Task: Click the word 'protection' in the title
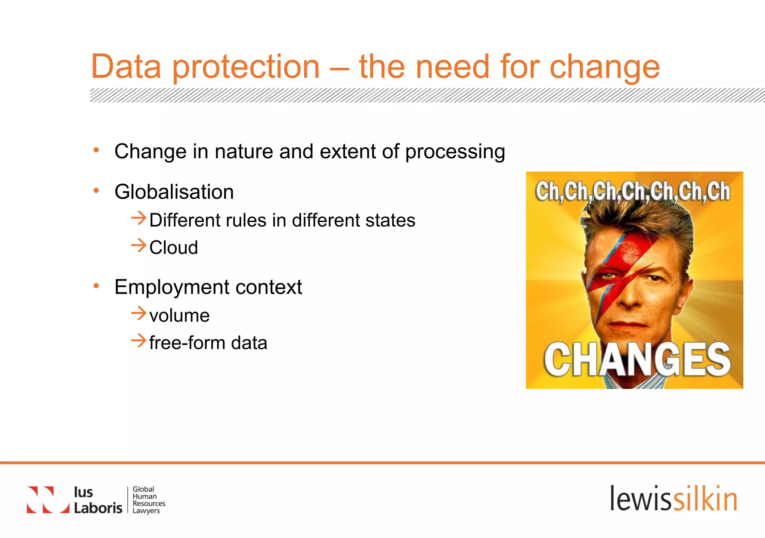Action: pos(246,67)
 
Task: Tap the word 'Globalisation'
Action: pos(174,192)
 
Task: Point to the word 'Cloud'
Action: pos(174,248)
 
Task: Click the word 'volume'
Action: pos(179,316)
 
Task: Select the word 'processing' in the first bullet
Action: pos(455,152)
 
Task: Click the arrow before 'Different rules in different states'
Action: pos(138,218)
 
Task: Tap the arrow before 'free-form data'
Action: pos(138,340)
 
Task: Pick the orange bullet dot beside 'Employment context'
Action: pos(96,286)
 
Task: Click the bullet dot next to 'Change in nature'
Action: pos(96,150)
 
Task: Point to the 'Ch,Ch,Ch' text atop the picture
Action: pos(633,191)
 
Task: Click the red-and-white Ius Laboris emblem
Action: pos(48,500)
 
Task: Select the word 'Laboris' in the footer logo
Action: pos(98,508)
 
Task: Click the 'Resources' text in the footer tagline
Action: pos(149,503)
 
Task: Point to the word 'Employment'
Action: pos(172,287)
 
